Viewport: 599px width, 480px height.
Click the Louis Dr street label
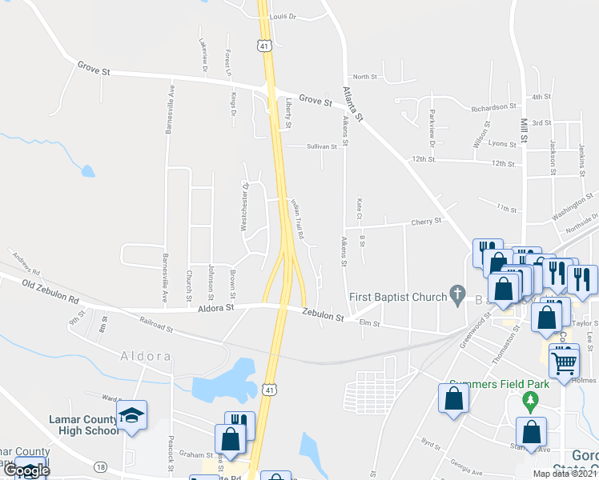tap(283, 16)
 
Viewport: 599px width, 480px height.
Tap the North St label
tap(364, 77)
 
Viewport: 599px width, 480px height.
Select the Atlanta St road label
tap(353, 105)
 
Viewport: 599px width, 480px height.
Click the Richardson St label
tap(493, 107)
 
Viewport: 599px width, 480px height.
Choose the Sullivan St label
tap(323, 146)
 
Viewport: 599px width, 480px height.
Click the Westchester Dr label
tap(245, 207)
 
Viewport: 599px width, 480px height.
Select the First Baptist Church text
tap(397, 298)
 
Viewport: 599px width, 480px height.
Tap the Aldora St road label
tap(216, 307)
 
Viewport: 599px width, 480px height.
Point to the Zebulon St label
tap(323, 317)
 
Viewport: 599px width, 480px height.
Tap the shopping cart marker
tap(565, 360)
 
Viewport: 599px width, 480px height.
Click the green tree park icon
tap(529, 398)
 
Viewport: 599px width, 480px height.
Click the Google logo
tap(26, 470)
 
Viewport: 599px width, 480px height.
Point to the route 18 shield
tap(100, 466)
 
